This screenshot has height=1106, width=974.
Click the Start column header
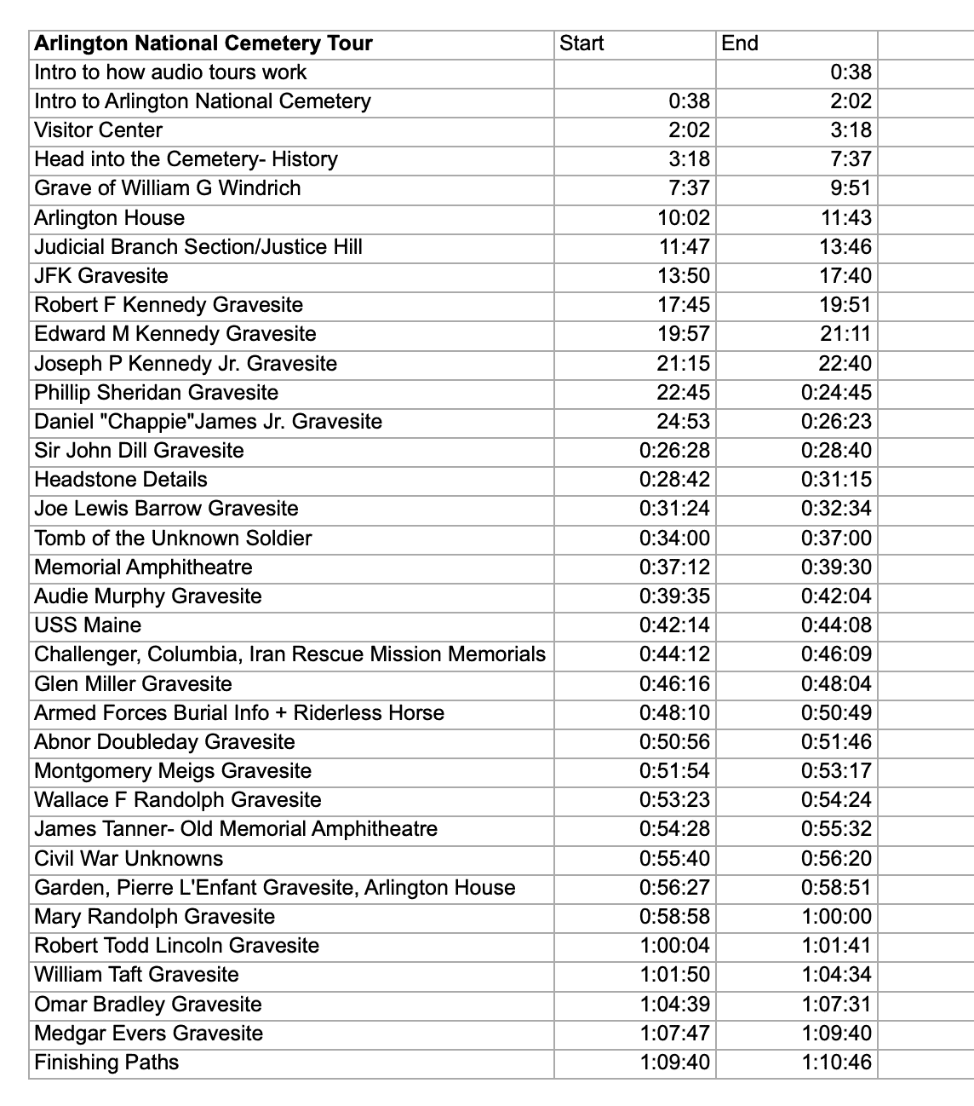[582, 43]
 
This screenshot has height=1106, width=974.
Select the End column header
[740, 43]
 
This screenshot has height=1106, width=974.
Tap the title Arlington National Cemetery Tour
[203, 43]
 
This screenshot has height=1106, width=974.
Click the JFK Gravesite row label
[101, 276]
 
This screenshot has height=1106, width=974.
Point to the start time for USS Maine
[674, 625]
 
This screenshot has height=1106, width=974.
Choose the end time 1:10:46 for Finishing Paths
[836, 1063]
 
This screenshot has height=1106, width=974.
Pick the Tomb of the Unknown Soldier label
[173, 539]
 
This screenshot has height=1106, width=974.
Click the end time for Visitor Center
[851, 130]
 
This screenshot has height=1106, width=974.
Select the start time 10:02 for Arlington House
[684, 218]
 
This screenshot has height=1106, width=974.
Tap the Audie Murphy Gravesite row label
[148, 596]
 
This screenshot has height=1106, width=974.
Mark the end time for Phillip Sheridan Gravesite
[836, 393]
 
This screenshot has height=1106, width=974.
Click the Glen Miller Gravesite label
[133, 684]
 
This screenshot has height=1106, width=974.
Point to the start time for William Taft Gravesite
[674, 975]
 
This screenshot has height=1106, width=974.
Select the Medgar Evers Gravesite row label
[149, 1034]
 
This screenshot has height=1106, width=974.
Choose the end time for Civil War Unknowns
[836, 859]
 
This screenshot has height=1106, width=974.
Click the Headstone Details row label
[121, 480]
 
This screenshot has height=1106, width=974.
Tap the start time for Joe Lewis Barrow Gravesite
[674, 509]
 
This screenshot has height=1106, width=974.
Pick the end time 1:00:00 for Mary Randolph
[836, 917]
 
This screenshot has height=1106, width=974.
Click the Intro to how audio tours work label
[170, 72]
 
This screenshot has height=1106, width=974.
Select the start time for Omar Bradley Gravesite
[674, 1005]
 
